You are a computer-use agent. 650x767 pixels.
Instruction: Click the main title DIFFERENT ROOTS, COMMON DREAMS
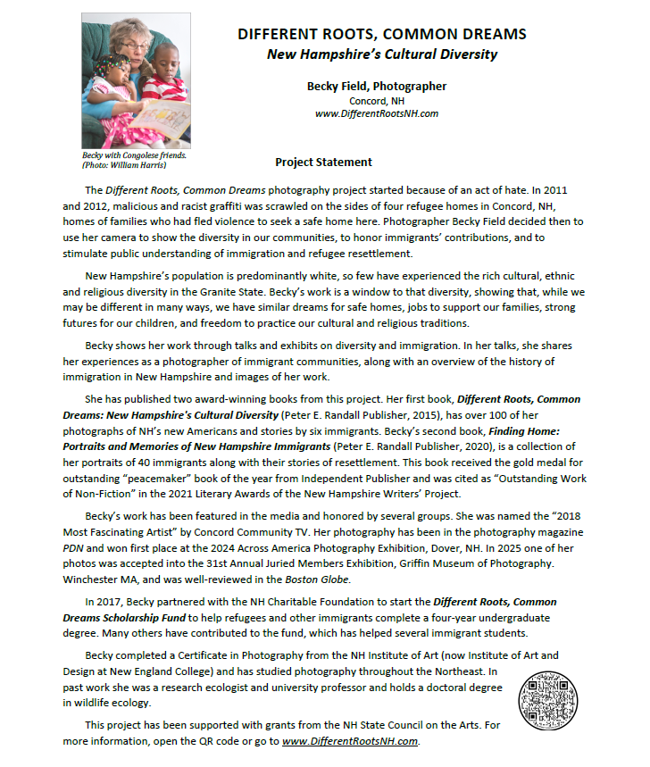(381, 35)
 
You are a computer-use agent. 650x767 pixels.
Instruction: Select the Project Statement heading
(323, 163)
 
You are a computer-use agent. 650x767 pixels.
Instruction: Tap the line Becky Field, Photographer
(376, 87)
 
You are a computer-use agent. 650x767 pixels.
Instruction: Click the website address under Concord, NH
(376, 113)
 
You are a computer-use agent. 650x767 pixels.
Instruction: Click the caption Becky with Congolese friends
(134, 155)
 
